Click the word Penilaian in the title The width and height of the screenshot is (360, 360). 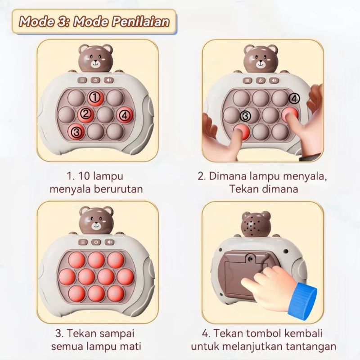coord(141,22)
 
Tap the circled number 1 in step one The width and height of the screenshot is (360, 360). coord(94,97)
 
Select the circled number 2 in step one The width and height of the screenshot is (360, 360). coord(85,113)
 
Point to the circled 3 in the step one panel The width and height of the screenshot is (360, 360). coord(76,132)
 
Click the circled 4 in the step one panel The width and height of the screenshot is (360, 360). coord(125,115)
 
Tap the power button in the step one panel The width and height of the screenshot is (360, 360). coord(95,80)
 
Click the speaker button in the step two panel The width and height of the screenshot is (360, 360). coord(274,81)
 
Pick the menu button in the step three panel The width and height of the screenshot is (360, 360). coord(83,242)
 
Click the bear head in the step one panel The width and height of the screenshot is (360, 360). coord(96,58)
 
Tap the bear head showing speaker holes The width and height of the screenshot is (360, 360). coord(256,224)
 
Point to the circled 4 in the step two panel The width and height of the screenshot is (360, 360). coord(294,99)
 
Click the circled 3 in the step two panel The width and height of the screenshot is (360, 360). coord(245,116)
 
